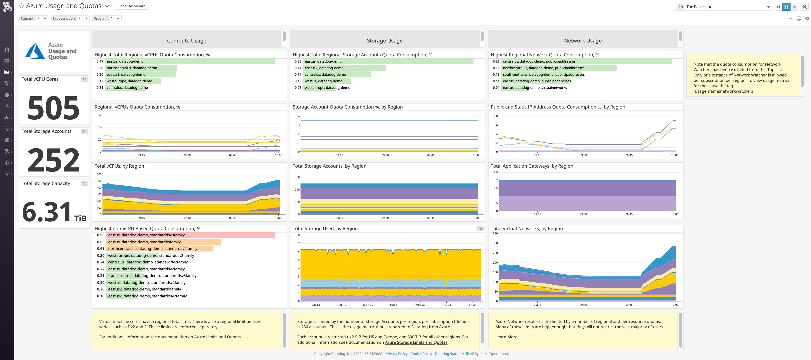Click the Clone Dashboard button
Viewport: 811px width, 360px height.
tap(131, 6)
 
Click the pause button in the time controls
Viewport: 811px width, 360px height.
tap(786, 7)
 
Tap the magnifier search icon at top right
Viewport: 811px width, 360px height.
tap(804, 7)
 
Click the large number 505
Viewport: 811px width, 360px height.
tap(53, 108)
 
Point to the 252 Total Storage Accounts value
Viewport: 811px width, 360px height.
tap(53, 160)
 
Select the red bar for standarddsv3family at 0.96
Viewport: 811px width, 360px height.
tap(190, 235)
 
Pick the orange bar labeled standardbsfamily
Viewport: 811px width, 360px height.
tap(164, 242)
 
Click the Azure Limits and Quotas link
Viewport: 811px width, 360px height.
tap(217, 337)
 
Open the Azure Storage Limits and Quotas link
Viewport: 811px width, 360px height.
tap(416, 342)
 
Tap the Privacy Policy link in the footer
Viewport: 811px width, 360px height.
tap(396, 354)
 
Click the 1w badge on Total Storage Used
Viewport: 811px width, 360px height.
tap(480, 229)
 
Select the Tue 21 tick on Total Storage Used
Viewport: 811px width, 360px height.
tap(394, 305)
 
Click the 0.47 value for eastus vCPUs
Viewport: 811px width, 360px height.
tap(100, 61)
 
